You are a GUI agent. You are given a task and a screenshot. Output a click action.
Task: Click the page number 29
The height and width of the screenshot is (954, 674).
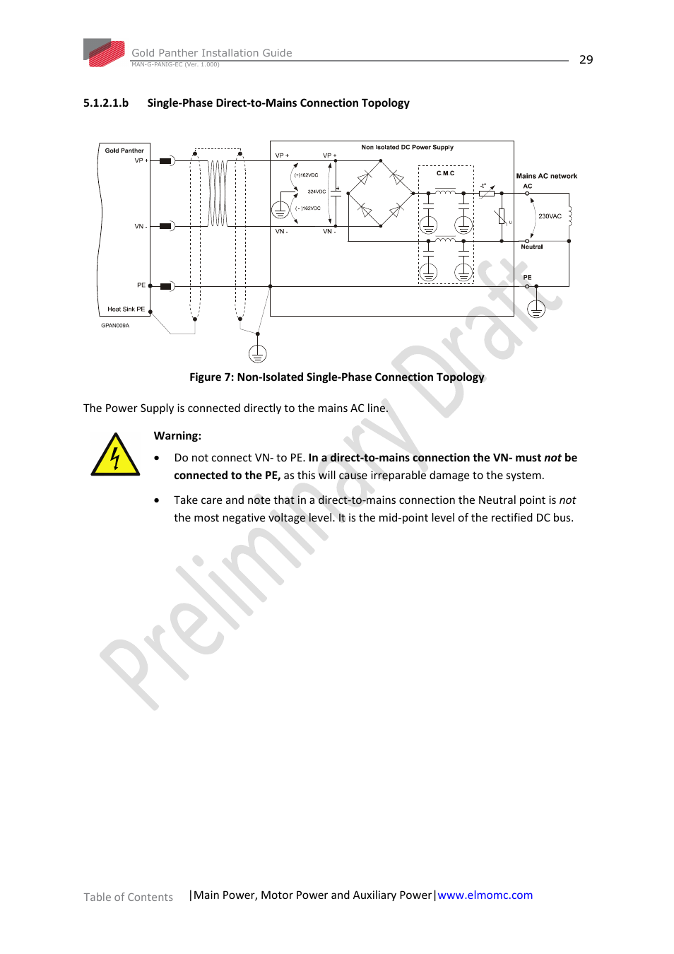pyautogui.click(x=586, y=60)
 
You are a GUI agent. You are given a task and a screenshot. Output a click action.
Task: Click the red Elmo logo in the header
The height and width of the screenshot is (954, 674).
pyautogui.click(x=106, y=53)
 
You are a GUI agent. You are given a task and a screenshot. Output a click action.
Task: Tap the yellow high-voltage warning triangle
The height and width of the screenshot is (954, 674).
pyautogui.click(x=115, y=456)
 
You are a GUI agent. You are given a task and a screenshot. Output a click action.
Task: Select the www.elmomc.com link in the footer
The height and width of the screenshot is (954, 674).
pyautogui.click(x=485, y=895)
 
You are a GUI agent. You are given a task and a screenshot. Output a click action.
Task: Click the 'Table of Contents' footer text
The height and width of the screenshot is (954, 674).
pyautogui.click(x=128, y=897)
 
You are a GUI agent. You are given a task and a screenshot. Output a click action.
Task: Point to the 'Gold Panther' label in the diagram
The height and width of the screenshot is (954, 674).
pyautogui.click(x=124, y=151)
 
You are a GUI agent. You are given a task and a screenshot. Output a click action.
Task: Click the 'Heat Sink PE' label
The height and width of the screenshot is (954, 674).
pyautogui.click(x=126, y=310)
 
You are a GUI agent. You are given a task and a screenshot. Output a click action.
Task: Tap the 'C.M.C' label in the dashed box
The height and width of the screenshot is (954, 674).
pyautogui.click(x=445, y=173)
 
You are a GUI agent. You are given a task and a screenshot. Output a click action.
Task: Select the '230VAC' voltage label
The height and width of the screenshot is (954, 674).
pyautogui.click(x=550, y=216)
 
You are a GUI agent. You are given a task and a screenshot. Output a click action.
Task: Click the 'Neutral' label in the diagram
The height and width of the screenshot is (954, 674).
pyautogui.click(x=531, y=247)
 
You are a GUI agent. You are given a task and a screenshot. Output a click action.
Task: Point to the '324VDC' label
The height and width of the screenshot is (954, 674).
pyautogui.click(x=317, y=192)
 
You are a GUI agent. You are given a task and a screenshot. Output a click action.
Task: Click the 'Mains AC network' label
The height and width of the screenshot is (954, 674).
pyautogui.click(x=546, y=176)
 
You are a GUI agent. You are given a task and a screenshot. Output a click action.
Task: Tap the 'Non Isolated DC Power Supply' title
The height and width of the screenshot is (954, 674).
pyautogui.click(x=407, y=148)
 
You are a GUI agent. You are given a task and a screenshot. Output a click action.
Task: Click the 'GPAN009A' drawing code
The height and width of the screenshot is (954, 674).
pyautogui.click(x=115, y=326)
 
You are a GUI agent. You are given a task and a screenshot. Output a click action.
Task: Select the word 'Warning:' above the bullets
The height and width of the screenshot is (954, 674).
pyautogui.click(x=177, y=436)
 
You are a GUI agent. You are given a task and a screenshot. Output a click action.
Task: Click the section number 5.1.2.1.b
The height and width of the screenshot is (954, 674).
pyautogui.click(x=106, y=103)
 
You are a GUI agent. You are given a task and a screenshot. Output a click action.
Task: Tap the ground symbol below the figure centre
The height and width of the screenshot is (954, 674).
pyautogui.click(x=258, y=353)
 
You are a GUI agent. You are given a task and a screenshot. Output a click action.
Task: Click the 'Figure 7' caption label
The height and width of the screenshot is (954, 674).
pyautogui.click(x=211, y=377)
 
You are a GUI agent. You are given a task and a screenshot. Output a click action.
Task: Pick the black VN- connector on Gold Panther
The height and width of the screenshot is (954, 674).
pyautogui.click(x=166, y=226)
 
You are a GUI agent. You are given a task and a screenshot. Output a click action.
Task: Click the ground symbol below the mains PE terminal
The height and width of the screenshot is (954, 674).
pyautogui.click(x=536, y=309)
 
